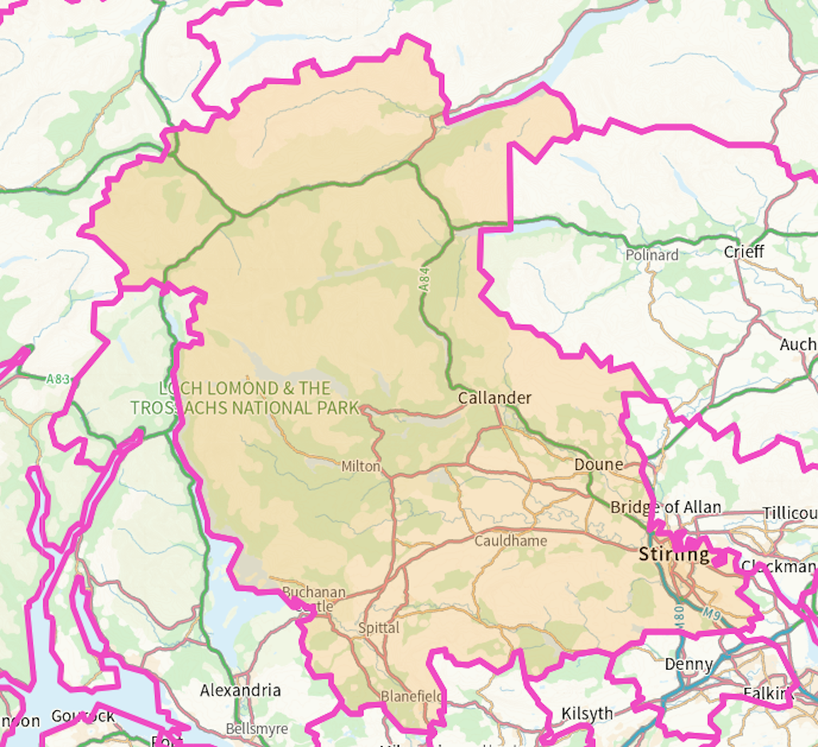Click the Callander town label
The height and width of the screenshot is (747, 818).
tap(494, 397)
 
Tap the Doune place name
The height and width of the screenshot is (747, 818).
tap(598, 464)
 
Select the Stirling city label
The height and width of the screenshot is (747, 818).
tap(673, 554)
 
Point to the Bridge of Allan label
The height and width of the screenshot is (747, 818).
tap(665, 508)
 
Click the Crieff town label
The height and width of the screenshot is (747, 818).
tap(744, 252)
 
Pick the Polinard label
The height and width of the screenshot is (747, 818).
tap(652, 255)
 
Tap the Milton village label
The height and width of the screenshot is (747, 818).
tap(360, 466)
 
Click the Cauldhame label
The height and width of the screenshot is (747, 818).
tap(510, 541)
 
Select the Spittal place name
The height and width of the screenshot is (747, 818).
tap(379, 628)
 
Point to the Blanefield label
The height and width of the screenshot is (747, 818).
tap(411, 696)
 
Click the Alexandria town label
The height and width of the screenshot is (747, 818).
tap(240, 690)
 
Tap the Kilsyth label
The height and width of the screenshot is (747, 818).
tap(587, 713)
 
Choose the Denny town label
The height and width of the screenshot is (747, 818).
tap(689, 664)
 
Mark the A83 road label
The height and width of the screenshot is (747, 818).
tap(58, 380)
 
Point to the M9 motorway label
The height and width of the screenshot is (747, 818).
tap(713, 613)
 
